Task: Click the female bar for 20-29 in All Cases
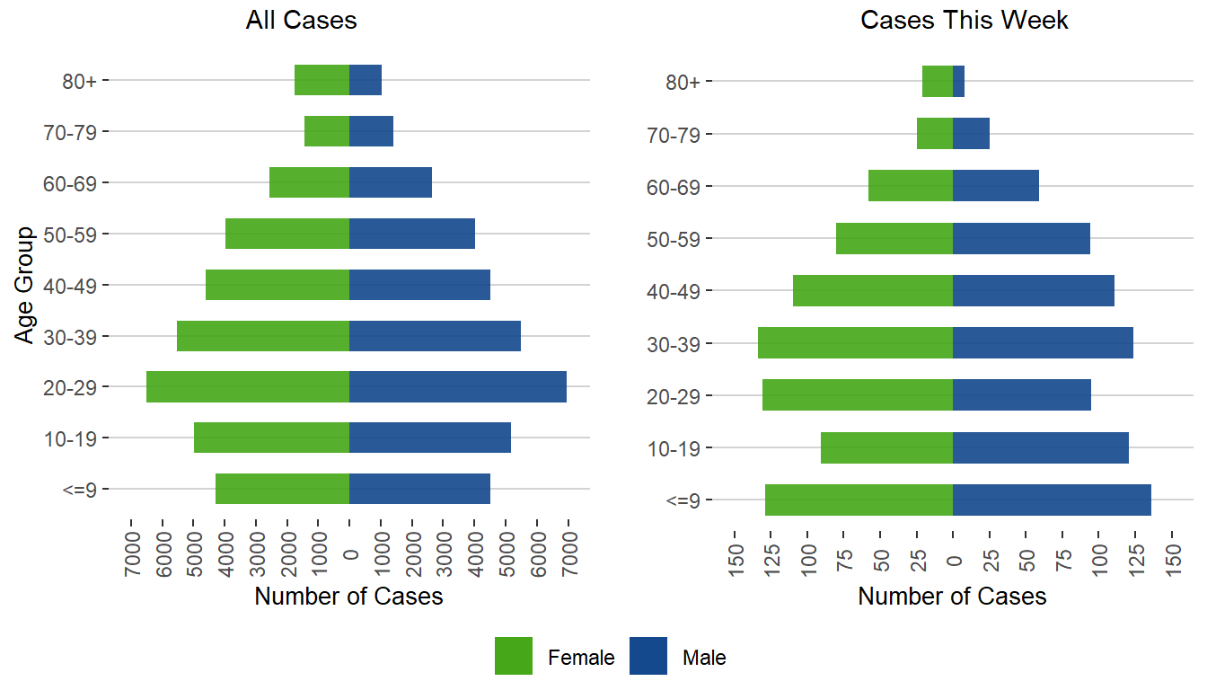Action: [x=248, y=387]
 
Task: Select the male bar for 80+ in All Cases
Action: [x=366, y=80]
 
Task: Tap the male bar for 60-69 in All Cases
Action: [x=391, y=182]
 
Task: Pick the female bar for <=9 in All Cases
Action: [x=282, y=490]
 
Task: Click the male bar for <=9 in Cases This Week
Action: [x=1052, y=500]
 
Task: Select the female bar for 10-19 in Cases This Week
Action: [x=886, y=448]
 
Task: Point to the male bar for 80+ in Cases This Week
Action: [x=958, y=82]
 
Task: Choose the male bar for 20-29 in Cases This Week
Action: [x=1022, y=395]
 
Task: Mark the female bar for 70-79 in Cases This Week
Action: [x=935, y=134]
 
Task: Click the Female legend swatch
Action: [x=514, y=656]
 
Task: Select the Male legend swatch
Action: [x=648, y=656]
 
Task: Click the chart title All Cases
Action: [x=302, y=21]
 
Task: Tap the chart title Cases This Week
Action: [x=965, y=21]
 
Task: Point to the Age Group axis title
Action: [x=25, y=285]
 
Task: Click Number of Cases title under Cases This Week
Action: [x=952, y=597]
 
